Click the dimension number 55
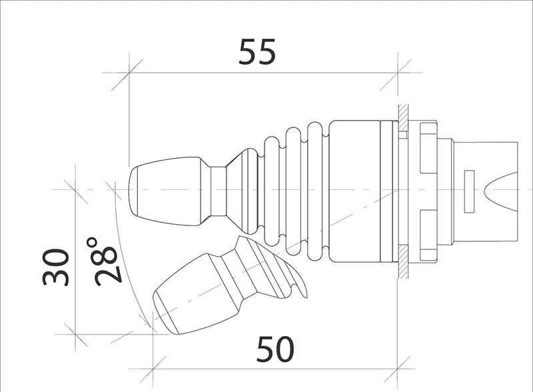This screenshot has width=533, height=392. (257, 52)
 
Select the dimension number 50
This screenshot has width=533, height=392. (275, 349)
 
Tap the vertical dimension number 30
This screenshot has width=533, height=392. (56, 267)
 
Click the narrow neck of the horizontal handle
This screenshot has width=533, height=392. (219, 191)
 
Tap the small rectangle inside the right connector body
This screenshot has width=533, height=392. (470, 191)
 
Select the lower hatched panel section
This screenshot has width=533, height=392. (403, 261)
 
